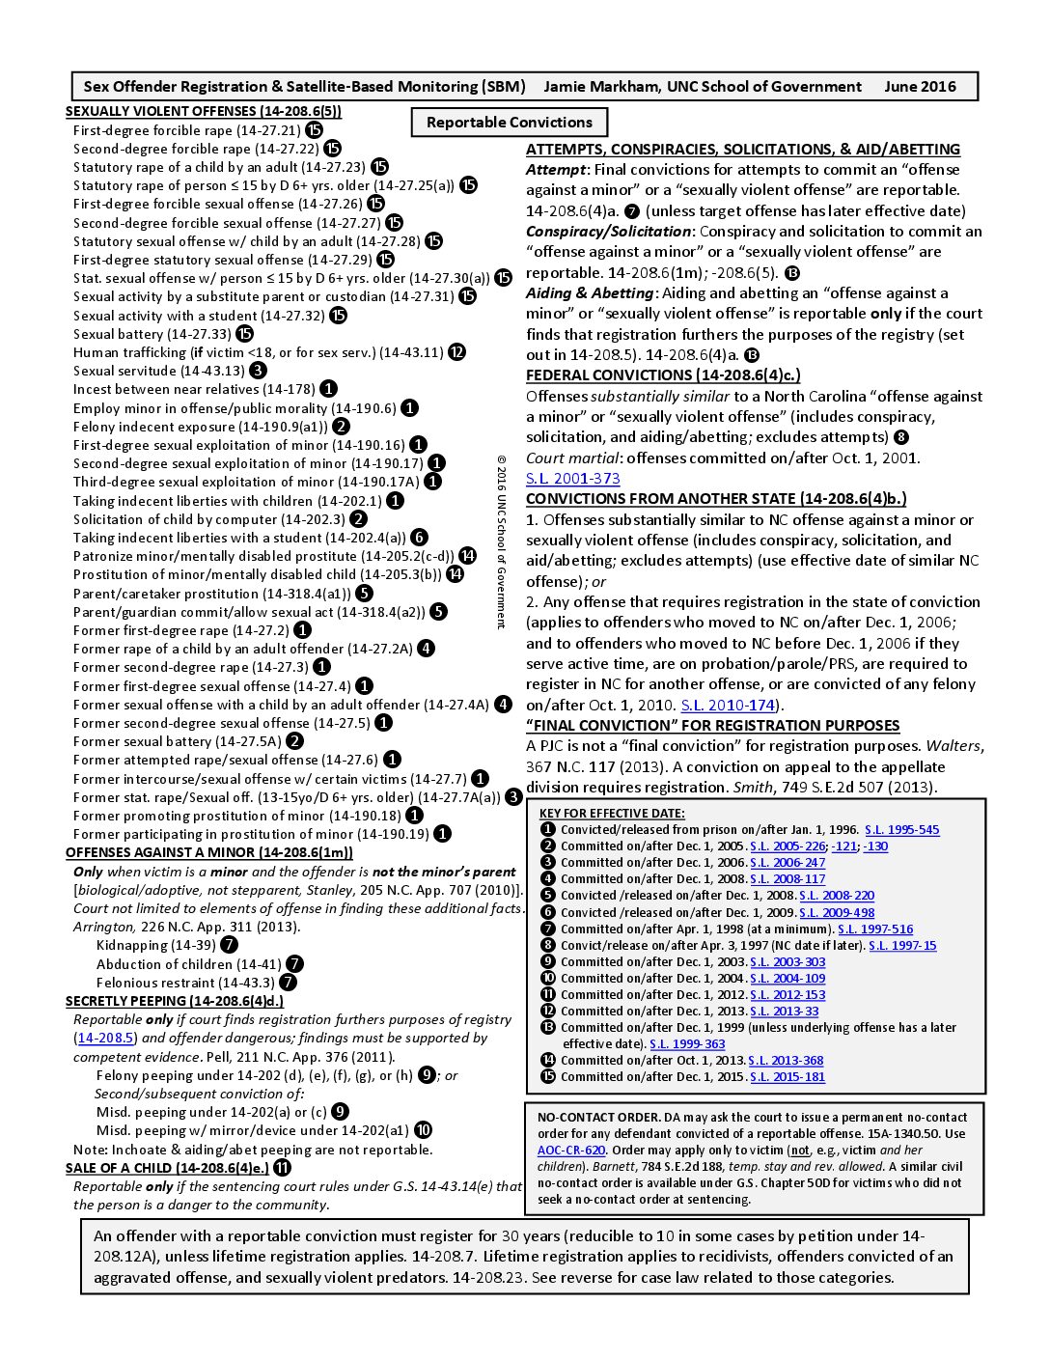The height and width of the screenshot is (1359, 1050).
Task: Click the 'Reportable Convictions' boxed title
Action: tap(510, 123)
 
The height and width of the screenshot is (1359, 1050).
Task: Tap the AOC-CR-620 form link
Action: tap(571, 1151)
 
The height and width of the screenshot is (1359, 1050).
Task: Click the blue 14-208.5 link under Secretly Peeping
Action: tap(106, 1039)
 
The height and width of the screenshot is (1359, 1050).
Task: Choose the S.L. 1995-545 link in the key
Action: tap(901, 830)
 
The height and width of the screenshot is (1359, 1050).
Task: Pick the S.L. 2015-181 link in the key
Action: tap(787, 1077)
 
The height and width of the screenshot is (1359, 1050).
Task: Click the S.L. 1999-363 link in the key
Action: tap(687, 1044)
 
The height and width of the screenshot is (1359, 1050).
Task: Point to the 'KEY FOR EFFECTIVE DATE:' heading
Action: tap(612, 814)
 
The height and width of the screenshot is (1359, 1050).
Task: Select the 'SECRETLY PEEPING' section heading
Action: tap(175, 1001)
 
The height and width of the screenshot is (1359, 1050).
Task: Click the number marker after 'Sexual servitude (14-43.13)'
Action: tap(258, 371)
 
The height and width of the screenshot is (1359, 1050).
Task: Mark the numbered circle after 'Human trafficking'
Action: tap(456, 352)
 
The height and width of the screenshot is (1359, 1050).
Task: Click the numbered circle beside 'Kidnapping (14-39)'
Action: tap(229, 945)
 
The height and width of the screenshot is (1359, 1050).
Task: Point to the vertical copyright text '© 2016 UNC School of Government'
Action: tap(501, 541)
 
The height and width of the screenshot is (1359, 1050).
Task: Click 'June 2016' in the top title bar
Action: tap(920, 87)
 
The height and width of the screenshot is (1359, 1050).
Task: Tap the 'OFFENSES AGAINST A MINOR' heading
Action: tap(209, 852)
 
